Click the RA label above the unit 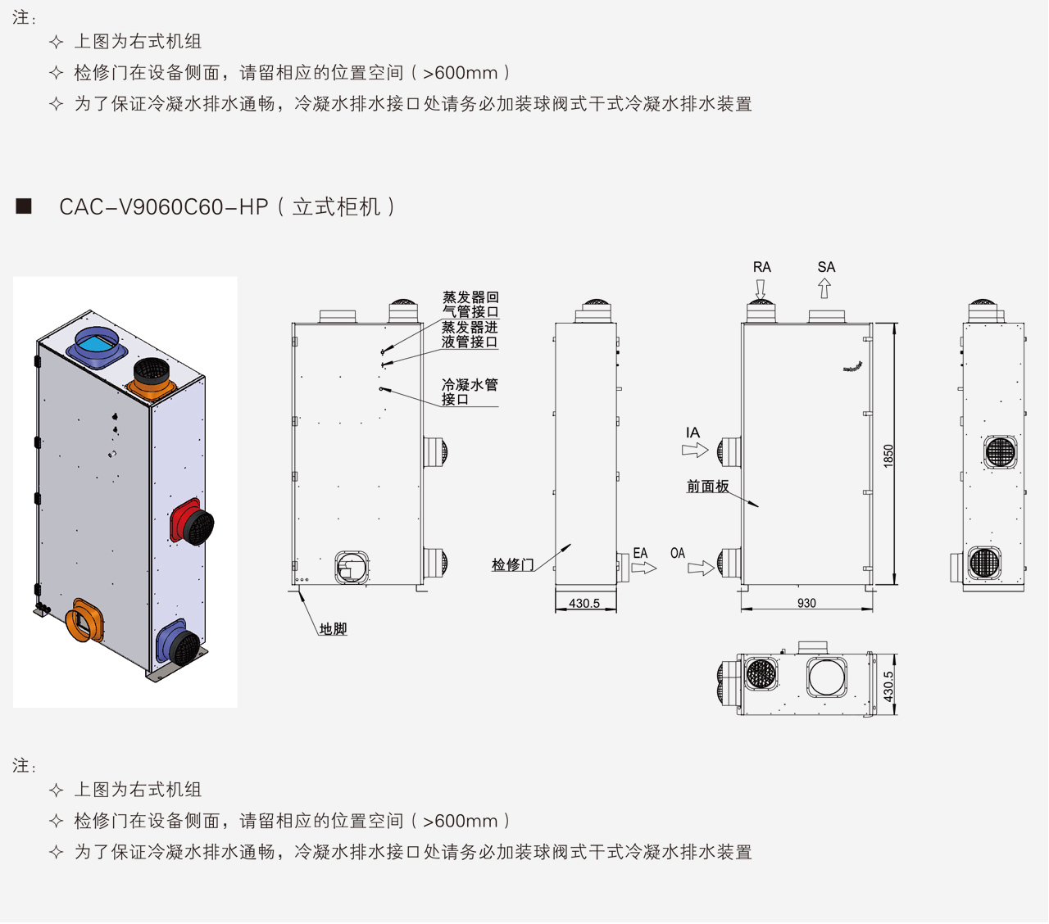pyautogui.click(x=761, y=267)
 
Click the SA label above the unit pyautogui.click(x=826, y=267)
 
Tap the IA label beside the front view pyautogui.click(x=693, y=433)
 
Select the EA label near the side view pyautogui.click(x=640, y=554)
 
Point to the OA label pyautogui.click(x=678, y=554)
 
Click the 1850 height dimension pyautogui.click(x=888, y=455)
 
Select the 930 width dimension pyautogui.click(x=806, y=603)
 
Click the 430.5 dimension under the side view pyautogui.click(x=584, y=604)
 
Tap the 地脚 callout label pyautogui.click(x=333, y=629)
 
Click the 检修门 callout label pyautogui.click(x=512, y=564)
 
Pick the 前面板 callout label pyautogui.click(x=707, y=487)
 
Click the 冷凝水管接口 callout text pyautogui.click(x=470, y=392)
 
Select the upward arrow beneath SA pyautogui.click(x=824, y=288)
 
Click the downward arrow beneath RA pyautogui.click(x=761, y=289)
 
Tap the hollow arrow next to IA pyautogui.click(x=694, y=450)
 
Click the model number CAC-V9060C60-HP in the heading pyautogui.click(x=164, y=206)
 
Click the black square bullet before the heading pyautogui.click(x=24, y=206)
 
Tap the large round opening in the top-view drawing pyautogui.click(x=827, y=677)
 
